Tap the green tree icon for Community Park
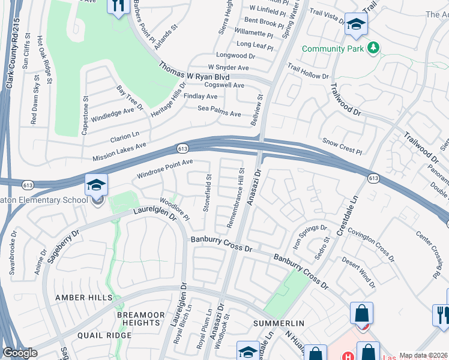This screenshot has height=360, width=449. [x=373, y=47]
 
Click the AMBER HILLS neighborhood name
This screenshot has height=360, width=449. [x=83, y=298]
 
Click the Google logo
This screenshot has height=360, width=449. [x=20, y=353]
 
